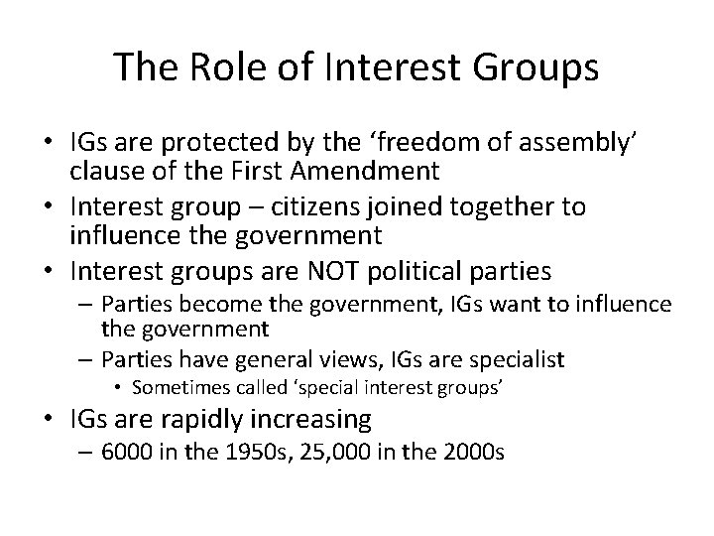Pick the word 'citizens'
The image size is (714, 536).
(363, 207)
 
